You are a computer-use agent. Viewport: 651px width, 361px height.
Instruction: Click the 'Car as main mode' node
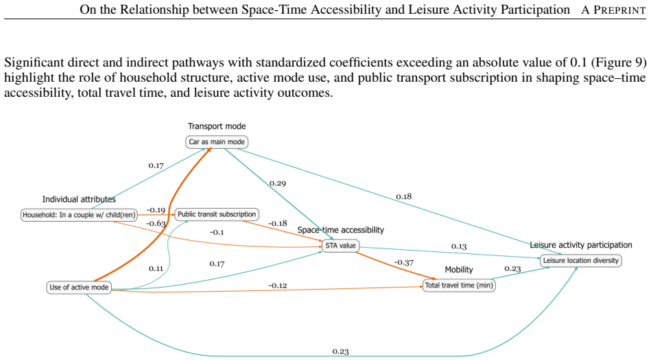tap(217, 142)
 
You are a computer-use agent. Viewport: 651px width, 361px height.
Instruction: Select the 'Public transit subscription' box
tap(217, 214)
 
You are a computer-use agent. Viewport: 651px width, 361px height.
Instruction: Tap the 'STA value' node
tap(340, 246)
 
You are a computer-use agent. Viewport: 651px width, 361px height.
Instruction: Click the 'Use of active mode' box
tap(79, 288)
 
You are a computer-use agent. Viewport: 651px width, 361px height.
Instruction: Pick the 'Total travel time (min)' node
tap(459, 286)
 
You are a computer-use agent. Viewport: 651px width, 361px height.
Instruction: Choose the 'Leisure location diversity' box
tap(581, 261)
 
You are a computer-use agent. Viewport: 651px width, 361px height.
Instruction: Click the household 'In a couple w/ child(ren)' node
tap(79, 216)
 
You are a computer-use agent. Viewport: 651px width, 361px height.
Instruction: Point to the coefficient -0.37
tap(403, 263)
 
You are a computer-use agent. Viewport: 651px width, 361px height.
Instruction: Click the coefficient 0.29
tap(277, 183)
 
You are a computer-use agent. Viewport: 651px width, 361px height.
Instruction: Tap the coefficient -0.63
tap(156, 224)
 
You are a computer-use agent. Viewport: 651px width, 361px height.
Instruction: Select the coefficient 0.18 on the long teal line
tap(403, 196)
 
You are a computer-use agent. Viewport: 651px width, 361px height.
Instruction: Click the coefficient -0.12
tap(277, 286)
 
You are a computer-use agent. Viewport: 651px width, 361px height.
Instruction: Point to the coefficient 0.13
tap(459, 246)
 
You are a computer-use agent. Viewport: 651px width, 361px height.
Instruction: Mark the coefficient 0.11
tap(156, 268)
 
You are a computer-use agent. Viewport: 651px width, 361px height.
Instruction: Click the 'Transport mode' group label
tap(217, 126)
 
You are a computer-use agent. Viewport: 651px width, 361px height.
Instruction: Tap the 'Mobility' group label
tap(459, 270)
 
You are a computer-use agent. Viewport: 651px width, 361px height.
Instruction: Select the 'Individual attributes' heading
tap(79, 200)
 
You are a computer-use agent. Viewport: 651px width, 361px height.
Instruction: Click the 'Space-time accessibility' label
tap(340, 230)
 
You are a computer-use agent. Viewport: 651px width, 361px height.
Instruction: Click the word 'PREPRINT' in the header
tap(619, 10)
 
